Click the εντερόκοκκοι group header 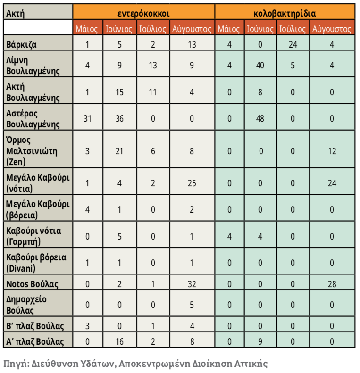click(x=143, y=12)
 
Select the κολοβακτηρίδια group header click(x=285, y=12)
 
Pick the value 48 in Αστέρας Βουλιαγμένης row click(x=260, y=118)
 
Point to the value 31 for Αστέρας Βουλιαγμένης click(x=87, y=118)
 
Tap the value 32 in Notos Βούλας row click(x=192, y=284)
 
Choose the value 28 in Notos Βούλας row click(x=332, y=284)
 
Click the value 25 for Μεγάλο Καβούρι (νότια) click(x=192, y=183)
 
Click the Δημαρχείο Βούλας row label click(x=26, y=305)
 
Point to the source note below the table click(x=135, y=364)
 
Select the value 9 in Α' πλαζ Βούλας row click(x=260, y=341)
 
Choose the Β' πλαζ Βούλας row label click(x=33, y=325)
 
